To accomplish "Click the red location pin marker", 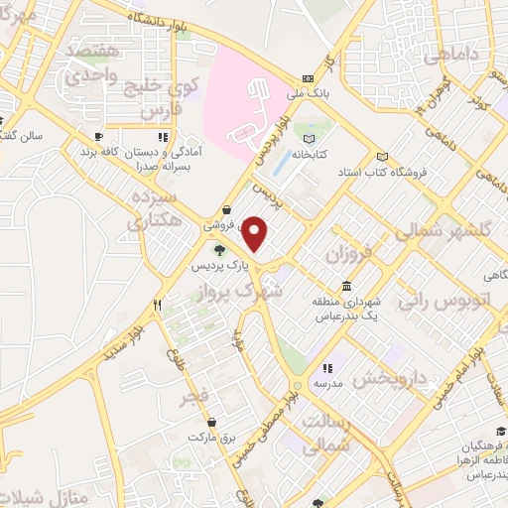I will [256, 234].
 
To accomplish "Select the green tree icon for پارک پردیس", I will [219, 249].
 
